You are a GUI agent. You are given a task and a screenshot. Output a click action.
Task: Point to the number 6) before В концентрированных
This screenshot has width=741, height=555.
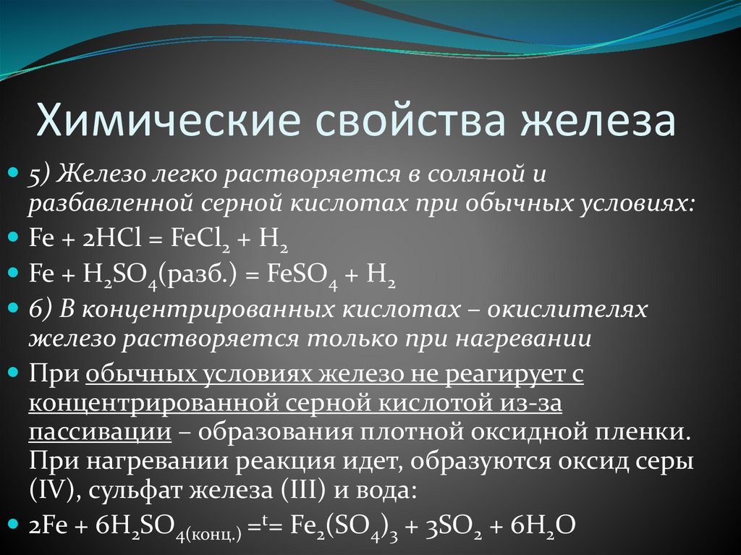coord(43,309)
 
